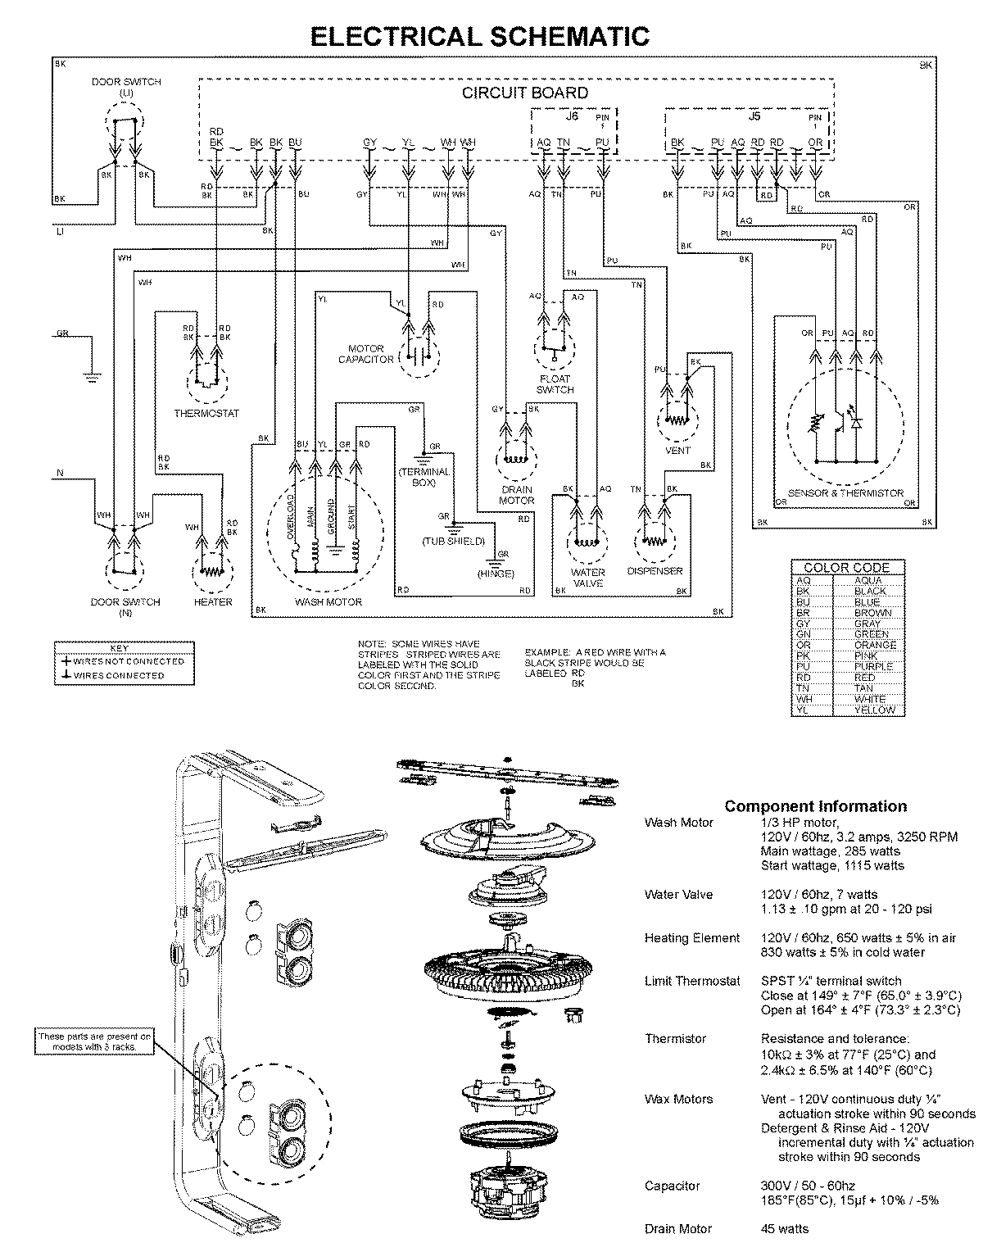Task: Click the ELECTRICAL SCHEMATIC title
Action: coord(480,36)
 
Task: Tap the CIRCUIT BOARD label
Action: coord(525,93)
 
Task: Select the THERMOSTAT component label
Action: coord(206,413)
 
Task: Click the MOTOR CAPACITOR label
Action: coord(366,354)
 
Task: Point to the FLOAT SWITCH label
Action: coord(555,384)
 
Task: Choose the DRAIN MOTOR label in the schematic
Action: coord(516,495)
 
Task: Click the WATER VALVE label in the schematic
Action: coord(588,578)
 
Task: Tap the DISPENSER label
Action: coord(655,571)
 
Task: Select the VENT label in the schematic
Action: coord(678,450)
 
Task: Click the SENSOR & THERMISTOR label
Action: coord(846,493)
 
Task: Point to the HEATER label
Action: coord(213,601)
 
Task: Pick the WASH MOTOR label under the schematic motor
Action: coord(328,601)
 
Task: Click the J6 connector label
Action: coord(571,116)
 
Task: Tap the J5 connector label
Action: coord(754,116)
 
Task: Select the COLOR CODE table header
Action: coord(847,567)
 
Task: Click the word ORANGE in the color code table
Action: coord(875,645)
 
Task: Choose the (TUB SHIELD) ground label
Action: coord(453,542)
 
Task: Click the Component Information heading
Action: coord(816,806)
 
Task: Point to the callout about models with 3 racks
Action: coord(95,1041)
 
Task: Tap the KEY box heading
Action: coord(125,647)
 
